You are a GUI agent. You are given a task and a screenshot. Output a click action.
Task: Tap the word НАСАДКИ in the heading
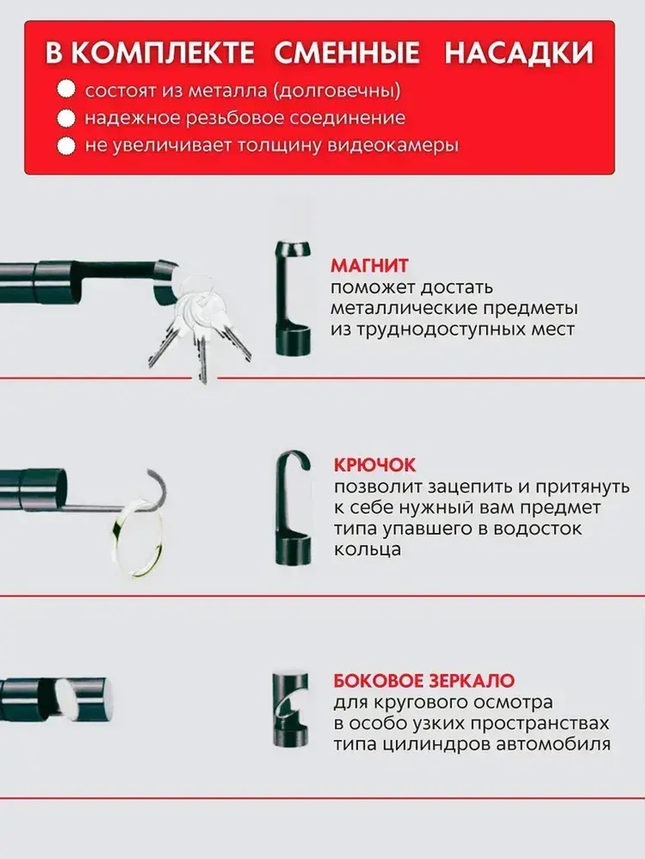pos(519,53)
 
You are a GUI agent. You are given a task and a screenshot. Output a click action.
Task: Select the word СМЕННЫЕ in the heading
pos(347,53)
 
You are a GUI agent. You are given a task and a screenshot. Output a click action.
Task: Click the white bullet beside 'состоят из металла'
pos(66,90)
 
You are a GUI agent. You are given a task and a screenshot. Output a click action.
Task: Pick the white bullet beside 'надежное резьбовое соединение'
pos(66,119)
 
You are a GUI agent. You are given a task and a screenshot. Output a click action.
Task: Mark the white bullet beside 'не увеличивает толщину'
pos(66,146)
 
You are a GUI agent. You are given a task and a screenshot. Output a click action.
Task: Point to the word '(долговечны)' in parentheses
pos(335,90)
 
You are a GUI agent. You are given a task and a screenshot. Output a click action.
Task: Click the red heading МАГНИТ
pos(369,265)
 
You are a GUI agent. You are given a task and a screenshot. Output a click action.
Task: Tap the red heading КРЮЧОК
pos(375,465)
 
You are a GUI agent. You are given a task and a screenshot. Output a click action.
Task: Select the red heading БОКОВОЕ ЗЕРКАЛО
pos(424,681)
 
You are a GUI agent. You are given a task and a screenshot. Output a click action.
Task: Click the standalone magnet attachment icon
pos(292,298)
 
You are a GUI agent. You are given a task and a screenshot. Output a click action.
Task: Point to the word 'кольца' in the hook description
pos(367,550)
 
